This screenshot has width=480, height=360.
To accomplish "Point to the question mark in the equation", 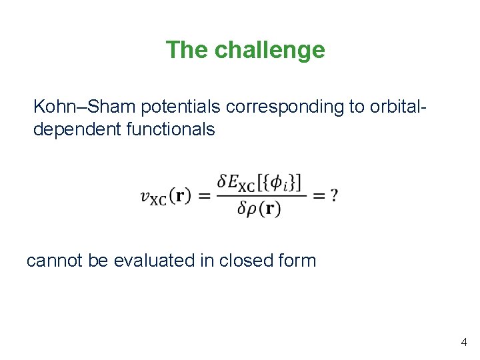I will (334, 195).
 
